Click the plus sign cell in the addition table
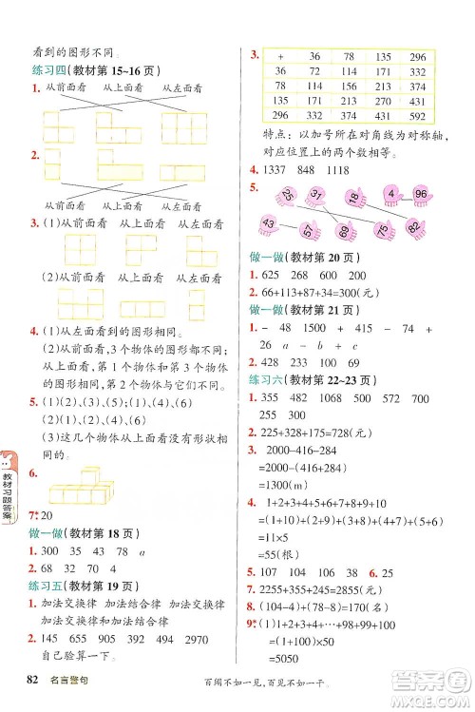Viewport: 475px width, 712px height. [x=280, y=56]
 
